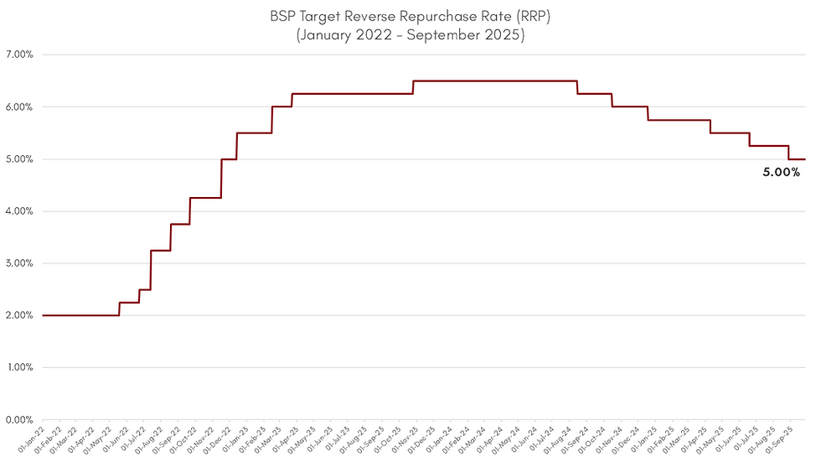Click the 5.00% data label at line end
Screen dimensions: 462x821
pyautogui.click(x=781, y=173)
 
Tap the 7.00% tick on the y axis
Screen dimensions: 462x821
pyautogui.click(x=18, y=55)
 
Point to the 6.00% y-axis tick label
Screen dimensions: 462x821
pyautogui.click(x=18, y=107)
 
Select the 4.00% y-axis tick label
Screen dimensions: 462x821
pyautogui.click(x=18, y=211)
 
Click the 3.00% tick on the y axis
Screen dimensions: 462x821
pyautogui.click(x=18, y=263)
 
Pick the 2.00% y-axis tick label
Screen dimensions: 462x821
pyautogui.click(x=18, y=315)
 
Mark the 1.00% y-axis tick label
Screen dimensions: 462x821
pyautogui.click(x=18, y=367)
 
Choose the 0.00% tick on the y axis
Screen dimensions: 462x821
pyautogui.click(x=18, y=419)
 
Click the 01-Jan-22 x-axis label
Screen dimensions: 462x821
pyautogui.click(x=30, y=439)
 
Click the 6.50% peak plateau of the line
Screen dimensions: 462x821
pyautogui.click(x=494, y=81)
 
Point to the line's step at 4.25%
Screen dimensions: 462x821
pyautogui.click(x=205, y=198)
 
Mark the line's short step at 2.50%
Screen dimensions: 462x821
pyautogui.click(x=145, y=289)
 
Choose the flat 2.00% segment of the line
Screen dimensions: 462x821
pyautogui.click(x=80, y=315)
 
